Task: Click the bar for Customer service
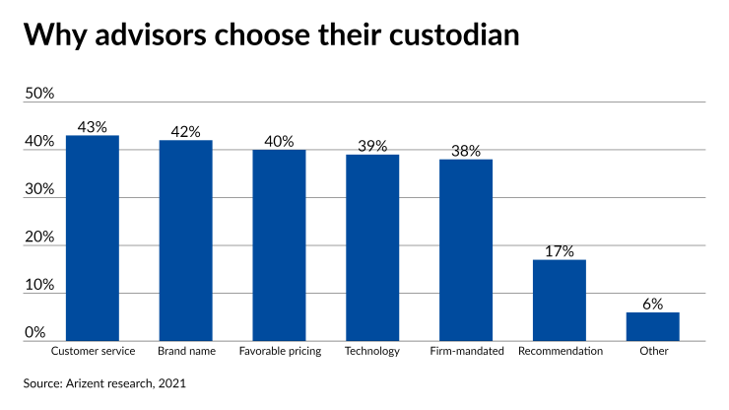[93, 238]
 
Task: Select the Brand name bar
[185, 240]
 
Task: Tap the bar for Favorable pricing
[279, 245]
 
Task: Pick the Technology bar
[372, 247]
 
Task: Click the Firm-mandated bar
[465, 250]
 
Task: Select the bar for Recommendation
[559, 301]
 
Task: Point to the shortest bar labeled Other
[652, 326]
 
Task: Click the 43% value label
[93, 127]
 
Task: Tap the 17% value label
[559, 251]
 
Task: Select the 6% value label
[652, 304]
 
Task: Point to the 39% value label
[372, 146]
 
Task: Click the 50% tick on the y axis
[39, 94]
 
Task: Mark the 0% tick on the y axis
[35, 332]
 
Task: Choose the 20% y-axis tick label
[39, 237]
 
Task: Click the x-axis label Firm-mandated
[467, 351]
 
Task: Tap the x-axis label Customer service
[93, 351]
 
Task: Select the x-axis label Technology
[372, 351]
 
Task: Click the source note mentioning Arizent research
[105, 382]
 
